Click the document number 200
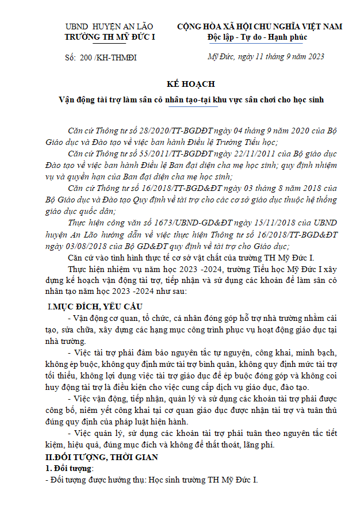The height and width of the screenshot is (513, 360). tap(84, 57)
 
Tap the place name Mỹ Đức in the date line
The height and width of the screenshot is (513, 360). tap(219, 56)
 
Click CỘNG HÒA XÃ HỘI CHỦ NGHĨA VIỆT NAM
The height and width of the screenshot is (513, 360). tap(259, 26)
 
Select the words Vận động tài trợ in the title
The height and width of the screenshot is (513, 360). tap(86, 99)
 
